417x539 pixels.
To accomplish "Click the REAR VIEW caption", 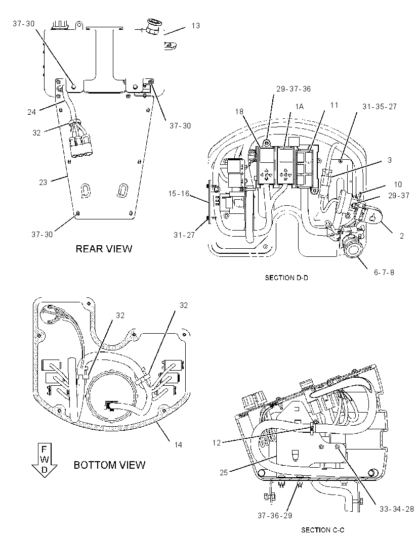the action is pos(104,249).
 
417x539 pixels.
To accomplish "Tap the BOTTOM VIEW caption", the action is pos(109,465).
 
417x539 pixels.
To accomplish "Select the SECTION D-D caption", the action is pos(286,278).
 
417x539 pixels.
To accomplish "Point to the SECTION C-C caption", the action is pos(322,530).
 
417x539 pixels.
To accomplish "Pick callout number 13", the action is pos(195,26).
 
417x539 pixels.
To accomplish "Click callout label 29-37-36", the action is pos(294,89).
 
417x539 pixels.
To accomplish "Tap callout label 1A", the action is pos(299,107).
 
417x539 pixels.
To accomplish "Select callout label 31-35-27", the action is pos(380,107).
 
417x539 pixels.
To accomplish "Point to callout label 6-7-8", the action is pos(384,273).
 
